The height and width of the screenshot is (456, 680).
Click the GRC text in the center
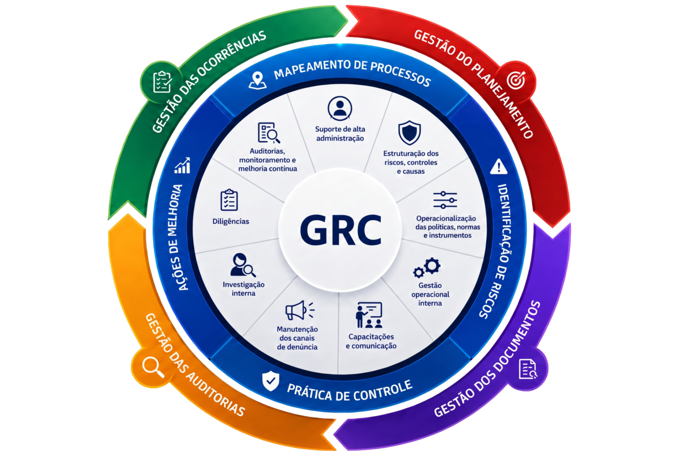pyautogui.click(x=341, y=229)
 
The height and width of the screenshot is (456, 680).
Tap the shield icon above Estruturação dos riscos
pyautogui.click(x=410, y=133)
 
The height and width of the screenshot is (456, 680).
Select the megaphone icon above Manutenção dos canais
pyautogui.click(x=300, y=310)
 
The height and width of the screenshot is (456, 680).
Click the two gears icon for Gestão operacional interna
pyautogui.click(x=427, y=267)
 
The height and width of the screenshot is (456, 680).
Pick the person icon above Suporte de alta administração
pyautogui.click(x=340, y=108)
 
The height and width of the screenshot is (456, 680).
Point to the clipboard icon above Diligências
pyautogui.click(x=229, y=199)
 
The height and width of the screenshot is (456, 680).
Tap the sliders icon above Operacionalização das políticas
pyautogui.click(x=445, y=200)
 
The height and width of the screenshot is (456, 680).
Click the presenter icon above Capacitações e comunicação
pyautogui.click(x=369, y=315)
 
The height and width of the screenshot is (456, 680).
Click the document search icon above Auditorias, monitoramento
pyautogui.click(x=269, y=133)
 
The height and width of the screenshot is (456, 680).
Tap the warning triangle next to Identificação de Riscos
pyautogui.click(x=499, y=167)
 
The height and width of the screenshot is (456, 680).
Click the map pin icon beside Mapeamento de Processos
pyautogui.click(x=258, y=80)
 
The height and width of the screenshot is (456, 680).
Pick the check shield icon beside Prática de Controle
pyautogui.click(x=270, y=381)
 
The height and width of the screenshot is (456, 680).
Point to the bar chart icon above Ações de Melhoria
pyautogui.click(x=182, y=165)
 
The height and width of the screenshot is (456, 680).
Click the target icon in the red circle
pyautogui.click(x=516, y=80)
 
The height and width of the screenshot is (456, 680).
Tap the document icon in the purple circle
pyautogui.click(x=528, y=369)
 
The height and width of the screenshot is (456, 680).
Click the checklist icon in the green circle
pyautogui.click(x=163, y=82)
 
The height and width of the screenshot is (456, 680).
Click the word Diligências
pyautogui.click(x=231, y=221)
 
